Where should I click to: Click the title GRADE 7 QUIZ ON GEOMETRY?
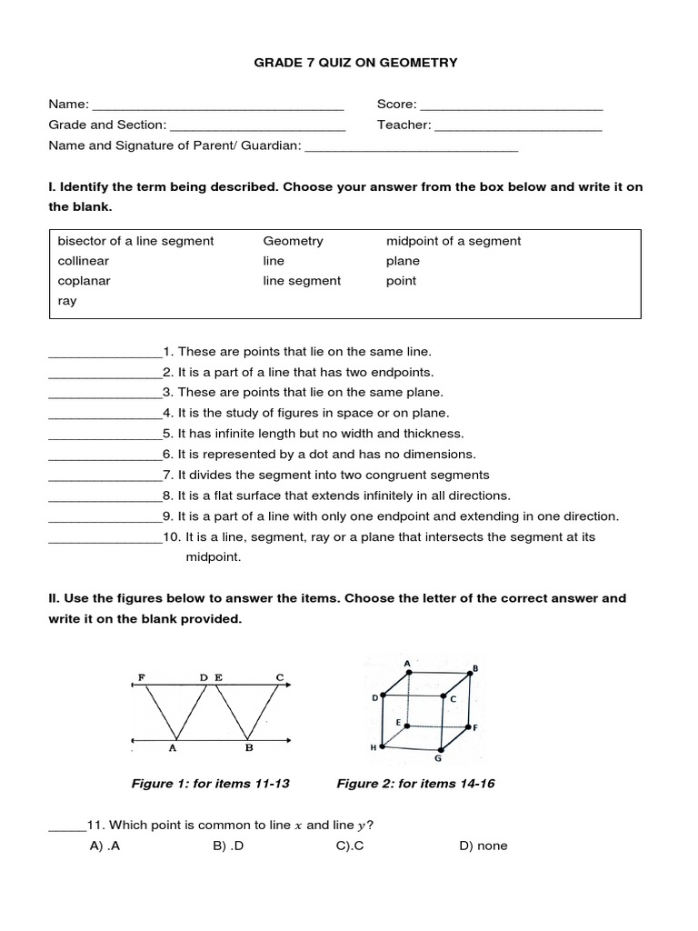point(348,63)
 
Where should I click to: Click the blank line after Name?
point(218,107)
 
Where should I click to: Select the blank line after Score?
point(511,107)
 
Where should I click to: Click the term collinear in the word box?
point(78,261)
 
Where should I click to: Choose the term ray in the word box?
point(67,301)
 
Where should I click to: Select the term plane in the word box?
point(403,261)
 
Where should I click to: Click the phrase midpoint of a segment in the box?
point(454,241)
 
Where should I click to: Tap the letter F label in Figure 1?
point(141,677)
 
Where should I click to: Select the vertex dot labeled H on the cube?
point(382,746)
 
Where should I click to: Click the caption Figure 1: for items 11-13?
point(211,784)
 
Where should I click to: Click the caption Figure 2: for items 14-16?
point(415,784)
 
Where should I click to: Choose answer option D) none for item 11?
point(484,846)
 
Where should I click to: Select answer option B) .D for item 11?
point(232,846)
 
